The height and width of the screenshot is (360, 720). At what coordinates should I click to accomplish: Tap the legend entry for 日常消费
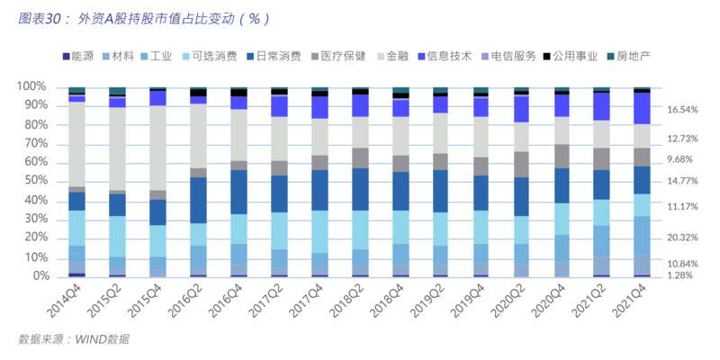coord(274,57)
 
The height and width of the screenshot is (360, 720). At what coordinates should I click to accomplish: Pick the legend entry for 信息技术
coord(445,57)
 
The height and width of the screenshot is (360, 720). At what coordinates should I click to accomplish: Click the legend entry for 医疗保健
coord(337,57)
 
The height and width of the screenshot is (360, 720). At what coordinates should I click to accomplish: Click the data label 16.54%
coord(683,110)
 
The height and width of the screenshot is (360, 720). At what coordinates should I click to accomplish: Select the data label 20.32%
coord(683,238)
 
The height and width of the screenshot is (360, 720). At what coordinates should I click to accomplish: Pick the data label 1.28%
coord(680,275)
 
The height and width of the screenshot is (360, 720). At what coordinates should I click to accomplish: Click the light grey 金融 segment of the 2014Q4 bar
coord(76,144)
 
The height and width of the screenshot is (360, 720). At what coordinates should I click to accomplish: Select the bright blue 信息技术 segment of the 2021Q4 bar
coord(642,108)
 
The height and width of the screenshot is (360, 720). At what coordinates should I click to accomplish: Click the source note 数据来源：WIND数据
coord(74,339)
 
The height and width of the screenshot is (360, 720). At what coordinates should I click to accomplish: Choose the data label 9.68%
coord(680,159)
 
